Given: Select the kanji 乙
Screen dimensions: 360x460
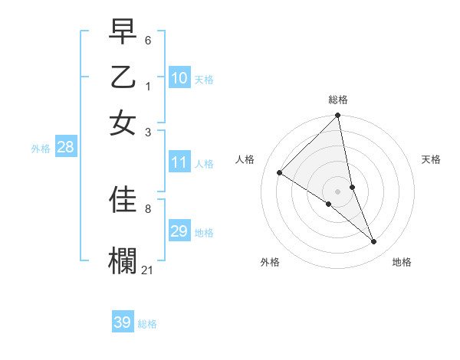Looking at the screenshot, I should pyautogui.click(x=123, y=78).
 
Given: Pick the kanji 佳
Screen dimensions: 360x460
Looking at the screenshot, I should pyautogui.click(x=123, y=200).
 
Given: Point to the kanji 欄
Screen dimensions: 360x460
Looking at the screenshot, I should pyautogui.click(x=123, y=260).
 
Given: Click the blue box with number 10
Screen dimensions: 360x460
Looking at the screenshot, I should pyautogui.click(x=179, y=78).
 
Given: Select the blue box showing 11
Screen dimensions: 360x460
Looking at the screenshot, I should pyautogui.click(x=179, y=162).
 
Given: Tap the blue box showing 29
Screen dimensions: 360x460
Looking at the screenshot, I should pyautogui.click(x=179, y=231).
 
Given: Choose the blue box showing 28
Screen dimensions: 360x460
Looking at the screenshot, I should pyautogui.click(x=65, y=148).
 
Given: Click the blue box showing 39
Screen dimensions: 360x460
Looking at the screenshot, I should pyautogui.click(x=123, y=322).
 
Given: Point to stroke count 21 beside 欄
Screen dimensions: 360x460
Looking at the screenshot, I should pyautogui.click(x=148, y=269).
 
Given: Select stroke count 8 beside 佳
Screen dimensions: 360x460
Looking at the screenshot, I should pyautogui.click(x=147, y=208).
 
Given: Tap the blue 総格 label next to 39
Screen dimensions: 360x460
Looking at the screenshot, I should pyautogui.click(x=147, y=324).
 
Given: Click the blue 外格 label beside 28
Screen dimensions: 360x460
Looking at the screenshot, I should pyautogui.click(x=41, y=149).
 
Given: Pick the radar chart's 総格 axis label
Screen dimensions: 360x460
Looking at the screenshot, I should pyautogui.click(x=338, y=100).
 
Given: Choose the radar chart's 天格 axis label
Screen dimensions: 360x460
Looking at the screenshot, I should pyautogui.click(x=431, y=159).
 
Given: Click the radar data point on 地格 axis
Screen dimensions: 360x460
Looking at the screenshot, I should pyautogui.click(x=374, y=242).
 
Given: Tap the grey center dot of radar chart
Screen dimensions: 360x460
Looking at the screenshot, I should pyautogui.click(x=338, y=191).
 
